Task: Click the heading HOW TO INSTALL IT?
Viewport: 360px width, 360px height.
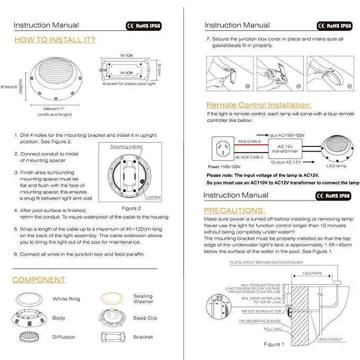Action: [55, 40]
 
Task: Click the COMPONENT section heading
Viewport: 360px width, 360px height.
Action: [39, 279]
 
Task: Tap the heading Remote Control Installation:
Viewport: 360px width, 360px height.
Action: [259, 105]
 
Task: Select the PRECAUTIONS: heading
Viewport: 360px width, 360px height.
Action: [235, 210]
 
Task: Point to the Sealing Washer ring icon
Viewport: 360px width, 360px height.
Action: [113, 299]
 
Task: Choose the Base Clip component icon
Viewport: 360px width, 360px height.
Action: [113, 318]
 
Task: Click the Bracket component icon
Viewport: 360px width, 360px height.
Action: [113, 337]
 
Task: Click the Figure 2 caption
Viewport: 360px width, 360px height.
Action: [131, 208]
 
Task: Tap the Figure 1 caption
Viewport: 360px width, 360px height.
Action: [274, 344]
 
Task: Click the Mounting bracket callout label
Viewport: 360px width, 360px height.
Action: [127, 146]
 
